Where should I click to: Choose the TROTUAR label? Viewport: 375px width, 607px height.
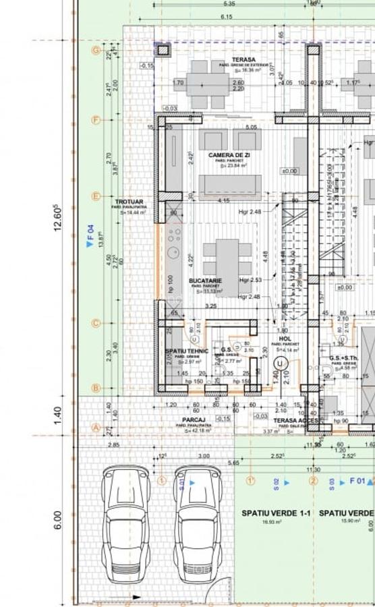[x=128, y=202]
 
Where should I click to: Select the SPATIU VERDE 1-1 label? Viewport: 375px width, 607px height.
[x=276, y=513]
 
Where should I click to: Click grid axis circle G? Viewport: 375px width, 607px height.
[x=96, y=50]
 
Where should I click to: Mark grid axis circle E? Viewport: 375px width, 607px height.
[x=96, y=196]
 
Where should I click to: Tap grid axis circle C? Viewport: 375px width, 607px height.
[x=96, y=323]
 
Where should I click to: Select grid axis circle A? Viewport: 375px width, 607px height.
[x=96, y=428]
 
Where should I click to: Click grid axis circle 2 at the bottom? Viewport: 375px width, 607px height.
[x=313, y=481]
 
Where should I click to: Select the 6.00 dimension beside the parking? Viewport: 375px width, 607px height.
[x=59, y=519]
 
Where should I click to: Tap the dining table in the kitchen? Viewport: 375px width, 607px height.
[x=227, y=258]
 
